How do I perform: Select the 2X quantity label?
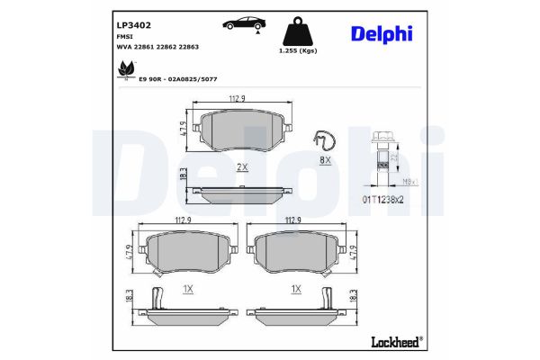click(241, 168)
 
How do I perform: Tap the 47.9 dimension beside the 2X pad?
click(183, 130)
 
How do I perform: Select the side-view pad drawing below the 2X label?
click(242, 193)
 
